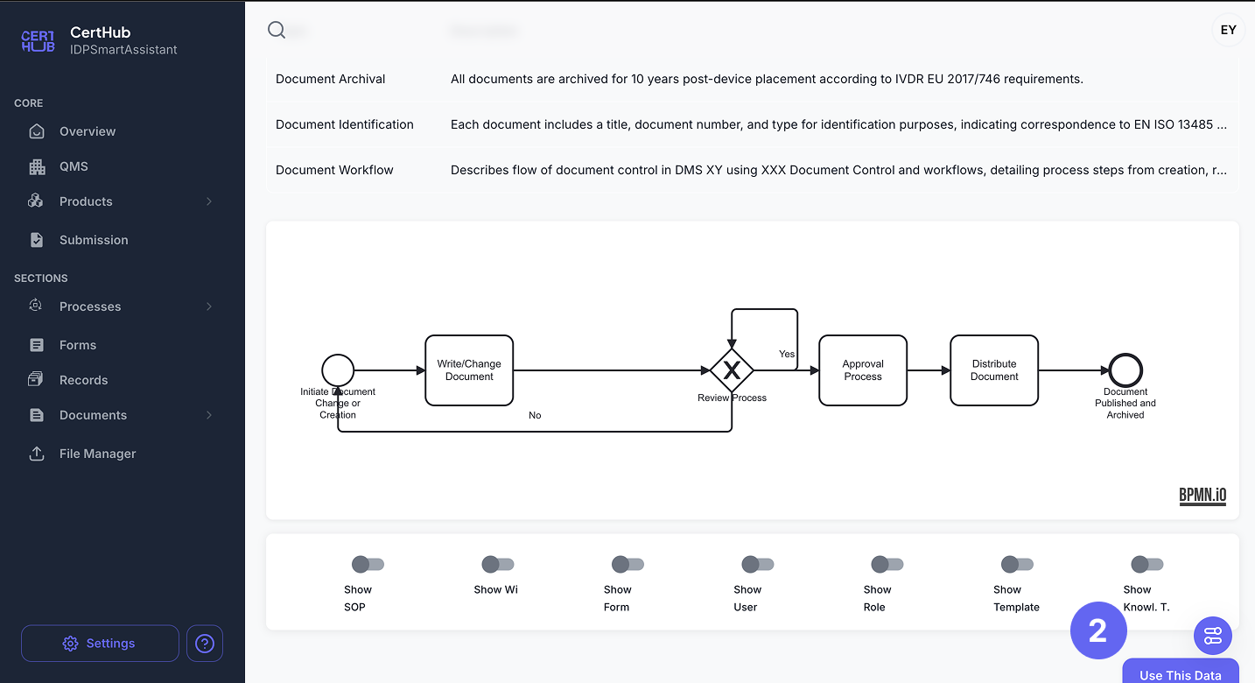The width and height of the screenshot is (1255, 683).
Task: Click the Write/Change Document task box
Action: point(469,370)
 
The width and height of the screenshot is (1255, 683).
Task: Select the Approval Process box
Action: point(863,370)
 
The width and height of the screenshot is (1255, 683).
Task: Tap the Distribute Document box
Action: point(994,370)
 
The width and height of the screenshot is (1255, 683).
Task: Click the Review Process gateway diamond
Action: point(732,370)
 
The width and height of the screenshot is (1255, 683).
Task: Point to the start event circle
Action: point(338,370)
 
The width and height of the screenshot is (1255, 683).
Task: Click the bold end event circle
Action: point(1125,370)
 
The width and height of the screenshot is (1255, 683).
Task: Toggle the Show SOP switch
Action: point(368,564)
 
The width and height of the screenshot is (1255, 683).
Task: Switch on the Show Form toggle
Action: point(627,564)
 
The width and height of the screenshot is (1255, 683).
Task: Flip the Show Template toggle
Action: point(1017,564)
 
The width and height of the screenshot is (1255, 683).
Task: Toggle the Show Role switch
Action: point(887,564)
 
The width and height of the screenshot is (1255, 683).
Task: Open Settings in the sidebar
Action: point(100,644)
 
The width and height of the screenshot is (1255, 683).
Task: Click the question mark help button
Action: point(205,644)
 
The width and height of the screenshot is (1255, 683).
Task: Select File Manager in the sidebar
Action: point(97,454)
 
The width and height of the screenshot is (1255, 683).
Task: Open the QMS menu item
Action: point(74,166)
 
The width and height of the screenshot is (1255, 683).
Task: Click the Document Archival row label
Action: point(331,79)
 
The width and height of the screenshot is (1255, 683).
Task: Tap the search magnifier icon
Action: point(277,30)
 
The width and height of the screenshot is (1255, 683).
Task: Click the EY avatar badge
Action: point(1229,30)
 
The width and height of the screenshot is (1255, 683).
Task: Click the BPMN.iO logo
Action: point(1202,496)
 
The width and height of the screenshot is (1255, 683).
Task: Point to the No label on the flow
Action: point(535,415)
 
